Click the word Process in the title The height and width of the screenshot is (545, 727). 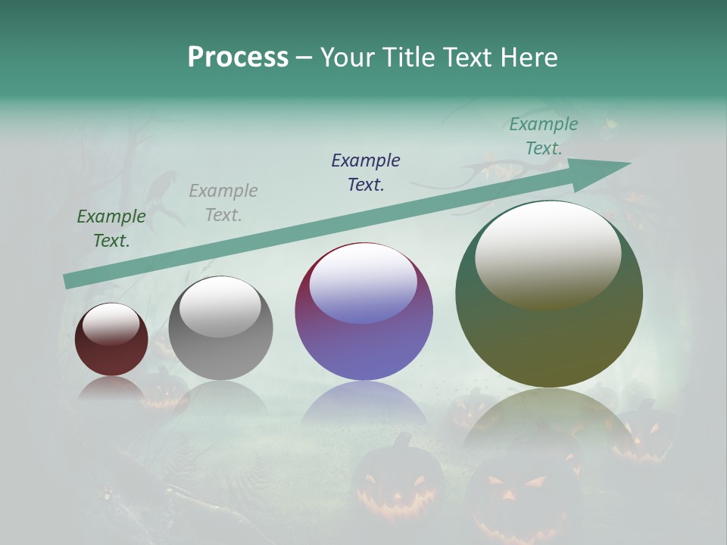coord(238,58)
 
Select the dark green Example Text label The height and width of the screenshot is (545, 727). coord(111,229)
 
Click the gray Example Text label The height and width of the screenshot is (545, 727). coord(223,203)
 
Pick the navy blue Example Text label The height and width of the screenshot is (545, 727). coord(366,173)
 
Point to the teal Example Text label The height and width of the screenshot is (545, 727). coord(544,136)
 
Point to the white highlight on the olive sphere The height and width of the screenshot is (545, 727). coord(548,254)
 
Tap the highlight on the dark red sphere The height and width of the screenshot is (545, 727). coord(111,324)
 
